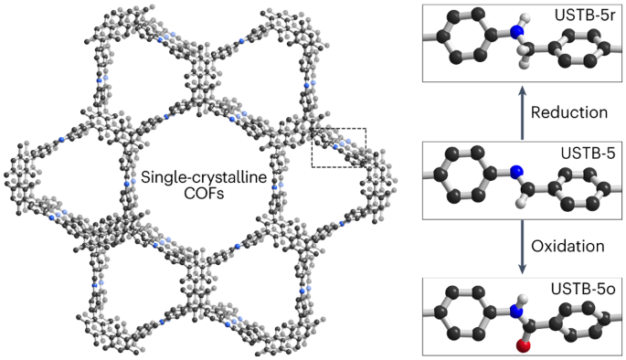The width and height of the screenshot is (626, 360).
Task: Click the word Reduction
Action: (x=568, y=112)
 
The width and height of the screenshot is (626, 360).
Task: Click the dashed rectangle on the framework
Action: (x=338, y=147)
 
